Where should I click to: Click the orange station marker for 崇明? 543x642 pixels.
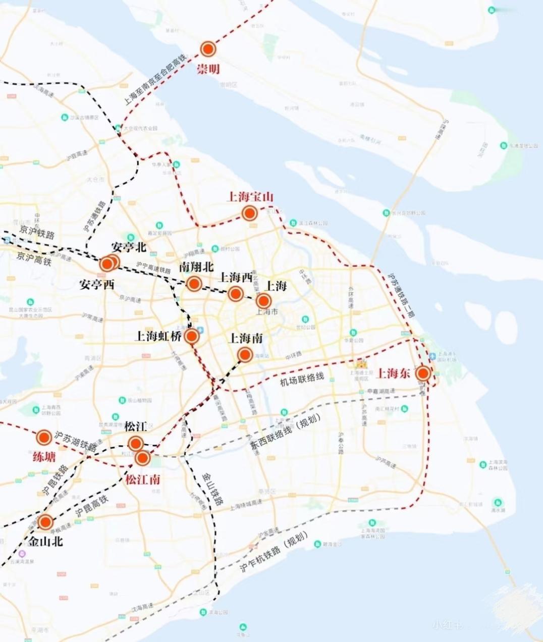click(208, 49)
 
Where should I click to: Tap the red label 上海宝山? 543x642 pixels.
click(250, 196)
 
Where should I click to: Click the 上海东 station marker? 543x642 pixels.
click(423, 373)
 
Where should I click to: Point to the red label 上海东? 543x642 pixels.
click(394, 373)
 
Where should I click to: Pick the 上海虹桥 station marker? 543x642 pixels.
click(191, 336)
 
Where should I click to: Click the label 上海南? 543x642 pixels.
click(246, 338)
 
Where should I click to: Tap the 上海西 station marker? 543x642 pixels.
click(235, 293)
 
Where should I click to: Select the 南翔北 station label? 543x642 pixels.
click(196, 266)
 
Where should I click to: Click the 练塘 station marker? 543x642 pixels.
click(44, 437)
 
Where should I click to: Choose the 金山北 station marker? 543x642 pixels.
click(45, 522)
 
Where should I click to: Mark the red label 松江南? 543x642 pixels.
click(143, 479)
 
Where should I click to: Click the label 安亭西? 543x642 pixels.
click(97, 284)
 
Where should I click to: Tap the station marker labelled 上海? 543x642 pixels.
click(263, 301)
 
